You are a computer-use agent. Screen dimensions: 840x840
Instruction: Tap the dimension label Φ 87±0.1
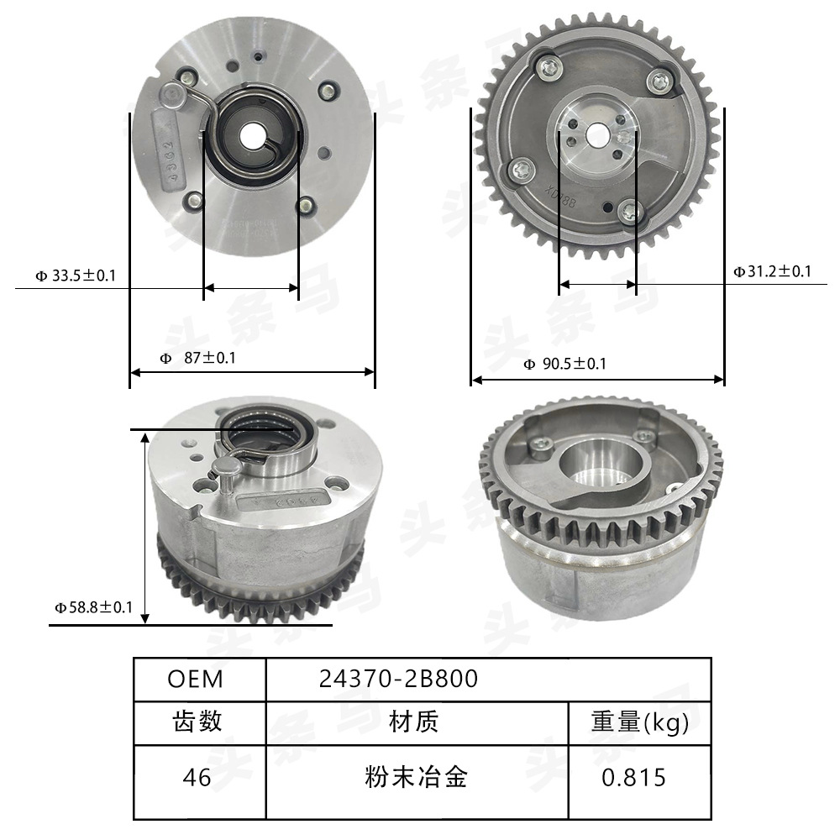[198, 358]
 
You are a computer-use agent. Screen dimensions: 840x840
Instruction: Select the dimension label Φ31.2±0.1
[772, 271]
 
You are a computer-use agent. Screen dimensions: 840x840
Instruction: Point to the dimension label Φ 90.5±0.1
[564, 364]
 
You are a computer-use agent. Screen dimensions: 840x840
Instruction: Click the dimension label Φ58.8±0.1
[93, 606]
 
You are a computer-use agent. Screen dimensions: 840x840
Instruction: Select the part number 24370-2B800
[398, 679]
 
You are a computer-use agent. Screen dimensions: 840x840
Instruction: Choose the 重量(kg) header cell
[639, 722]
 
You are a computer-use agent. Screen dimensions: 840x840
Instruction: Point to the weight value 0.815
[633, 777]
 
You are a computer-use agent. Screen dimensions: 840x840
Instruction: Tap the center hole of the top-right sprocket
[597, 134]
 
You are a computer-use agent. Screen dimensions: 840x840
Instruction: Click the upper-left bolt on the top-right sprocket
[549, 69]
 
